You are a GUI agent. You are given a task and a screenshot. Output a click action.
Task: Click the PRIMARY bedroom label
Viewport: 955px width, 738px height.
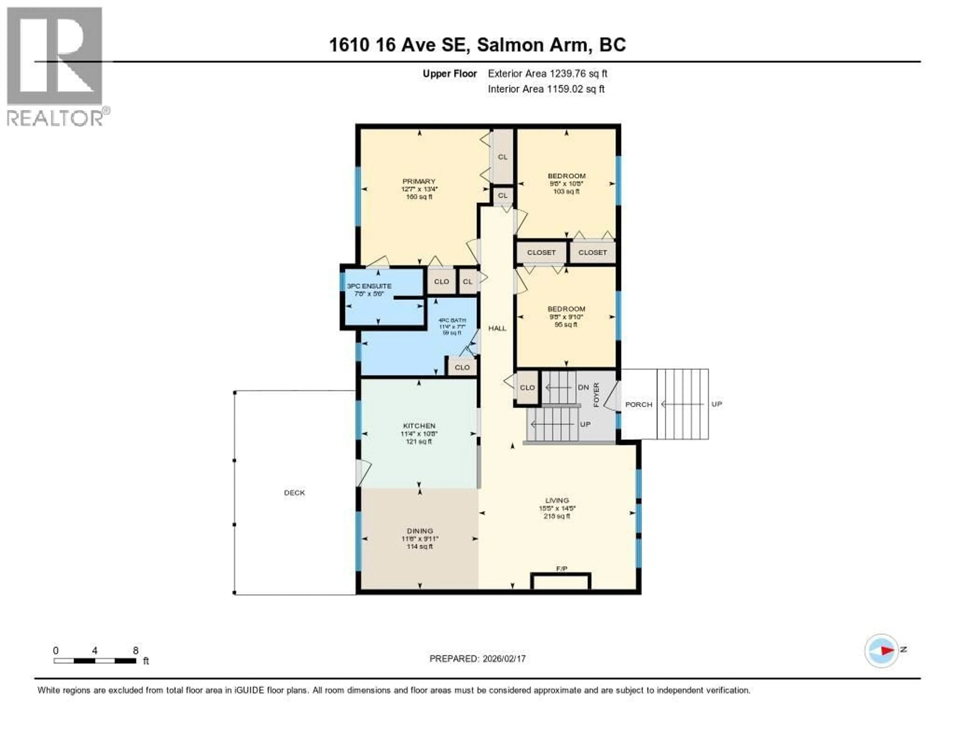tap(419, 181)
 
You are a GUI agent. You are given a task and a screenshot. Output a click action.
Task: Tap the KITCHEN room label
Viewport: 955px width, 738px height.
tap(419, 426)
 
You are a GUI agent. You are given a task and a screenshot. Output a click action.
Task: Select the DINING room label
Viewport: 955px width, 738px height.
tap(420, 531)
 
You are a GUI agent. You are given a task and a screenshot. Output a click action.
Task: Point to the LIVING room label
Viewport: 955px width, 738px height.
tap(557, 500)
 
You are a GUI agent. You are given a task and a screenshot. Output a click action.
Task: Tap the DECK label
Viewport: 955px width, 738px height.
tap(294, 493)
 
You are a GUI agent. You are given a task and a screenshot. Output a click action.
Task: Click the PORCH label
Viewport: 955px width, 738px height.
tap(638, 404)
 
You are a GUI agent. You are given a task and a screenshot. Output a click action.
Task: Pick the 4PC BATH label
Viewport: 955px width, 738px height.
tap(452, 320)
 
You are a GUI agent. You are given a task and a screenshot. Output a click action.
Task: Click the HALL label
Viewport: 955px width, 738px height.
tap(497, 328)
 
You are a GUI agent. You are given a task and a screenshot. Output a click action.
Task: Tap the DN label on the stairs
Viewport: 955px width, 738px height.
tap(583, 387)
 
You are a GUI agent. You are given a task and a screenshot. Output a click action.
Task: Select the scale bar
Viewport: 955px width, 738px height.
tap(95, 661)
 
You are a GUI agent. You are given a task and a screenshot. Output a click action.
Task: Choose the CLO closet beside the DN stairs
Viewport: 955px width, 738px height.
tap(527, 388)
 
